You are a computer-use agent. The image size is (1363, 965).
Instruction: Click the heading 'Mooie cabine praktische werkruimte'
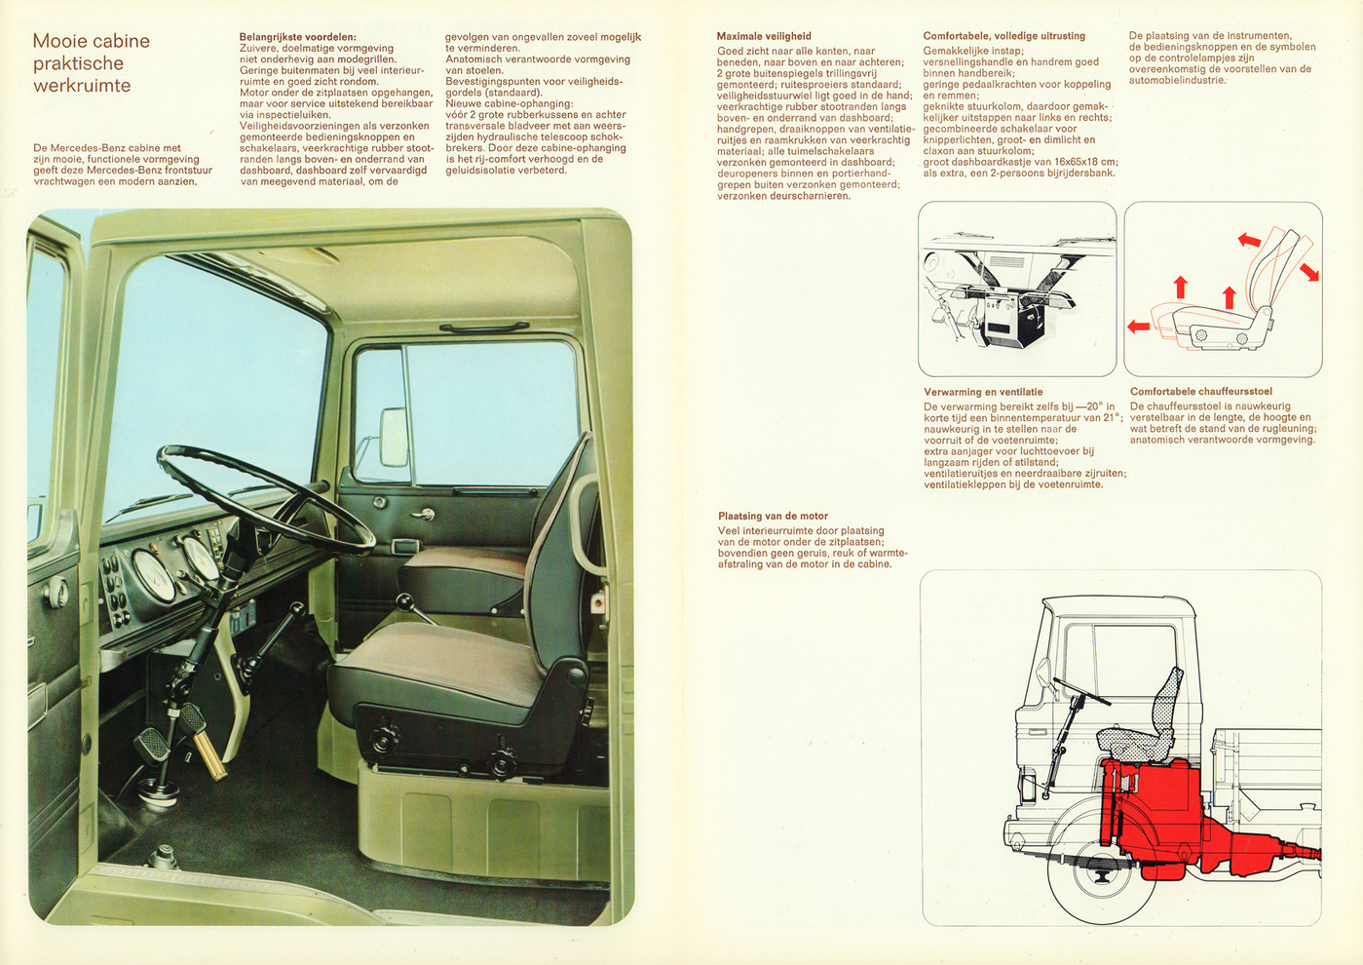[x=91, y=63]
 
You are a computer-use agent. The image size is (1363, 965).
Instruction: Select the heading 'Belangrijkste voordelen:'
[x=297, y=37]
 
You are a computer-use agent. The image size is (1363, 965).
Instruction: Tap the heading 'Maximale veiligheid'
[x=764, y=36]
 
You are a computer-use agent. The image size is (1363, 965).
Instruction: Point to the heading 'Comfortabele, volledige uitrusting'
[x=1003, y=36]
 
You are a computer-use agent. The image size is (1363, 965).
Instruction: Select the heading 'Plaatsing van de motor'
[x=773, y=516]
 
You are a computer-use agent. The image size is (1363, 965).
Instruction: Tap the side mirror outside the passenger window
[x=394, y=437]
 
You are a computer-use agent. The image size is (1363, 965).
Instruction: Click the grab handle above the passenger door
[x=477, y=328]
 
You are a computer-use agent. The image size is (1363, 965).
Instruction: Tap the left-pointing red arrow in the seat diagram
[x=1138, y=327]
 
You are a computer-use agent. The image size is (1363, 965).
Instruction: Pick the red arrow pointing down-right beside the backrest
[x=1308, y=271]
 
